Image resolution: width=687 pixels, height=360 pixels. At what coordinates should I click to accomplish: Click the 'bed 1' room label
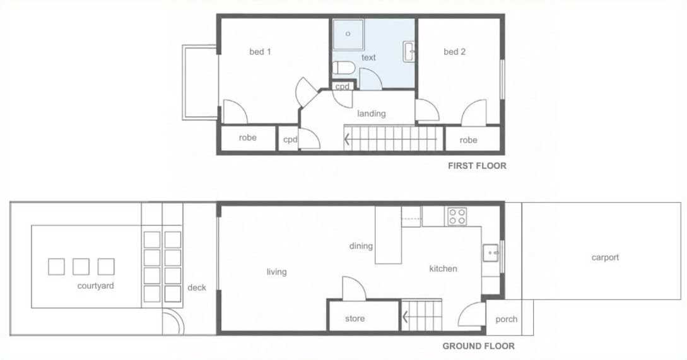(x=260, y=52)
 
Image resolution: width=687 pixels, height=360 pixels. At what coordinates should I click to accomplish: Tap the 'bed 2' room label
(x=454, y=52)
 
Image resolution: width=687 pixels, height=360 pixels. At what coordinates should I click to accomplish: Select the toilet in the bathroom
(x=343, y=68)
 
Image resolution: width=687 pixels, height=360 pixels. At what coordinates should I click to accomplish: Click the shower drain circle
(x=348, y=33)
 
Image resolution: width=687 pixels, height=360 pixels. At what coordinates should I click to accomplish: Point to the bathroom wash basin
(x=409, y=52)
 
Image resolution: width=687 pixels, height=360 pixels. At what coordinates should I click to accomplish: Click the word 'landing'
(x=371, y=114)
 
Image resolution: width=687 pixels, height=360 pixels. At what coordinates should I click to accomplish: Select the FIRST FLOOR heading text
(x=477, y=166)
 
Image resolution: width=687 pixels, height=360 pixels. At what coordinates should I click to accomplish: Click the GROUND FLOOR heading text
(x=478, y=346)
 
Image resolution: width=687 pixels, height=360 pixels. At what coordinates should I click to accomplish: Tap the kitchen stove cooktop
(x=457, y=216)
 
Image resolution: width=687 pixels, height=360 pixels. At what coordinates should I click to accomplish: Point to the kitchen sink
(x=490, y=253)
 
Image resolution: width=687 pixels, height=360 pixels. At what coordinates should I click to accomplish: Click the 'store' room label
(x=355, y=319)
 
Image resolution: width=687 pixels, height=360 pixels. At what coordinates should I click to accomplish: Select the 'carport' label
(x=605, y=257)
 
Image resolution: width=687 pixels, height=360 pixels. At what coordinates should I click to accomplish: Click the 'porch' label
(x=506, y=319)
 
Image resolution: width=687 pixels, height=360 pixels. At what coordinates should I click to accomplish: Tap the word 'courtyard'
(x=95, y=286)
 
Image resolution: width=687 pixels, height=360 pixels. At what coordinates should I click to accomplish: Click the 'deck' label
(x=197, y=287)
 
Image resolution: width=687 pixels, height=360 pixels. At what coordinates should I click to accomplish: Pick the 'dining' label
(x=361, y=246)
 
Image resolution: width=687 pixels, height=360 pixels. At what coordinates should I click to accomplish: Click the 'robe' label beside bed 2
(x=468, y=140)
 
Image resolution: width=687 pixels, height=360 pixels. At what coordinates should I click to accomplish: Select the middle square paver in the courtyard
(x=81, y=267)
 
